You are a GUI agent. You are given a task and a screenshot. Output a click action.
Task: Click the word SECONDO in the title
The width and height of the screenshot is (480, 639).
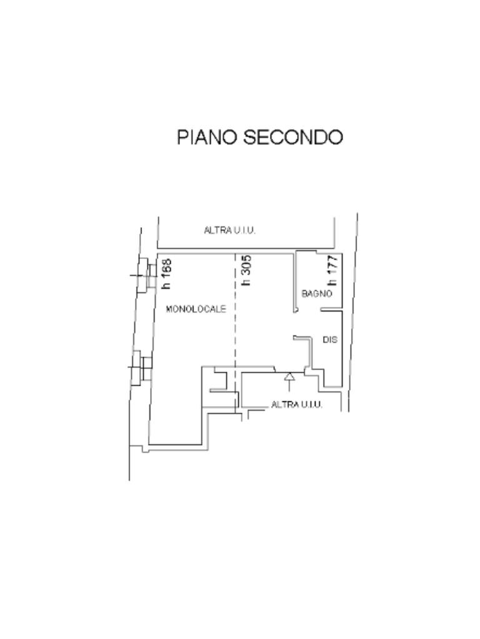pos(293,137)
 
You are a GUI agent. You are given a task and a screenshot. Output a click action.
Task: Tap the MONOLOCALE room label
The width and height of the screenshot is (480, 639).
pos(196,309)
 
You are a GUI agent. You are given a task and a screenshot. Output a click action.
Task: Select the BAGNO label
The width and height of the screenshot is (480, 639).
pos(317,294)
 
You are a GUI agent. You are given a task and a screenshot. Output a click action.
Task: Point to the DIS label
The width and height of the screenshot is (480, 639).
pos(330,340)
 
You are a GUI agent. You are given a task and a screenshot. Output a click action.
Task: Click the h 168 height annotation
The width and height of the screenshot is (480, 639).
pos(166,274)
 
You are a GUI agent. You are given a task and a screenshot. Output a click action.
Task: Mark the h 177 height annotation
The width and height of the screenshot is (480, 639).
pos(332,269)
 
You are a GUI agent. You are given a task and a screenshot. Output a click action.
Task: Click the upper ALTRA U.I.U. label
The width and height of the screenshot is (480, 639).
pos(229,230)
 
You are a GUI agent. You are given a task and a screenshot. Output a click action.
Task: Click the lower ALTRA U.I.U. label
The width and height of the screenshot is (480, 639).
pos(296,405)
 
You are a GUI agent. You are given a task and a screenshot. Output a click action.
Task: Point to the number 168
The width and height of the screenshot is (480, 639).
pos(166,268)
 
